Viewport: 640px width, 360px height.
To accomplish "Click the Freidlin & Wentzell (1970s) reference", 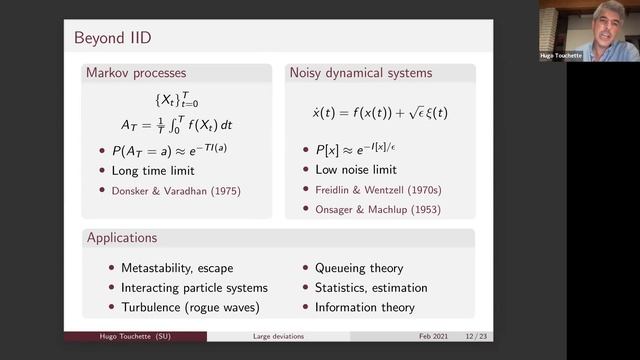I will click(368, 190).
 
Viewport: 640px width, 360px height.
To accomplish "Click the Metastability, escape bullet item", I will click(179, 268).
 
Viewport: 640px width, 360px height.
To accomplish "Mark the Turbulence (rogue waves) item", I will click(189, 307).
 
